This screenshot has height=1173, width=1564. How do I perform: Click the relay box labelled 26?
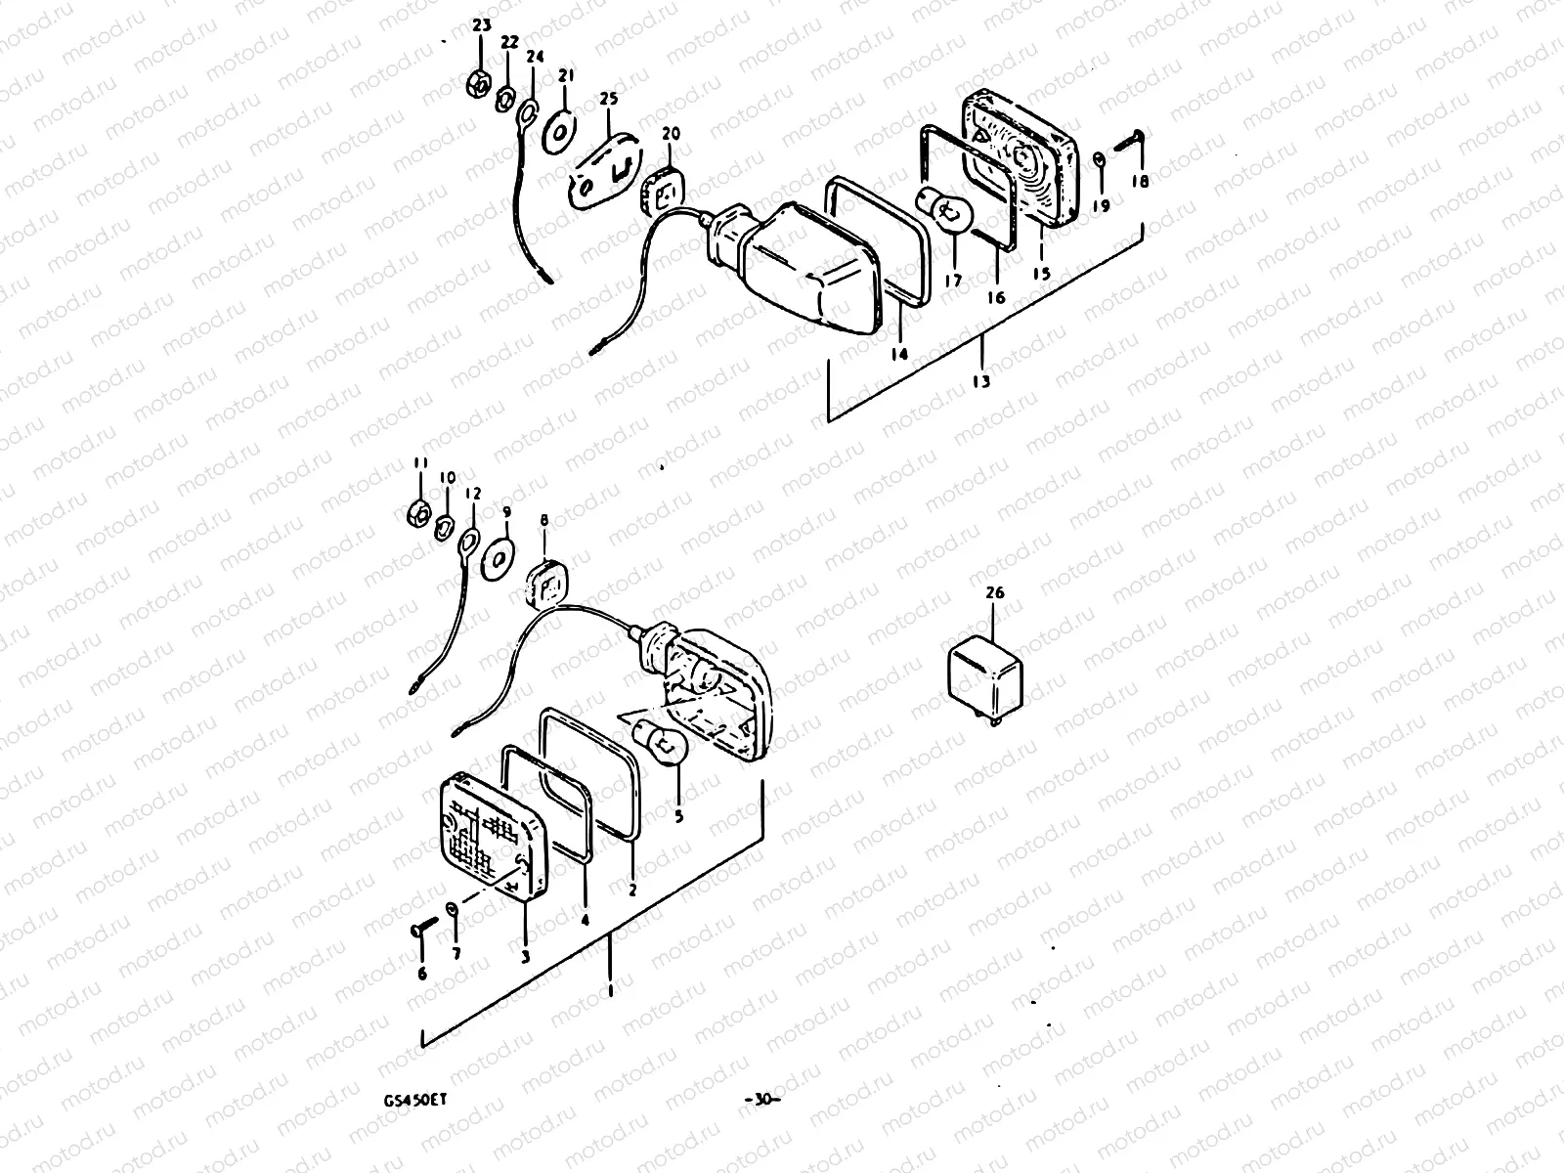[x=989, y=673]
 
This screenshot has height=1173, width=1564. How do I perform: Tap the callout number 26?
[x=994, y=593]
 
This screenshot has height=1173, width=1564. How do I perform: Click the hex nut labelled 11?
[x=417, y=512]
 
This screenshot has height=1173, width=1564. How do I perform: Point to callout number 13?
[x=981, y=381]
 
